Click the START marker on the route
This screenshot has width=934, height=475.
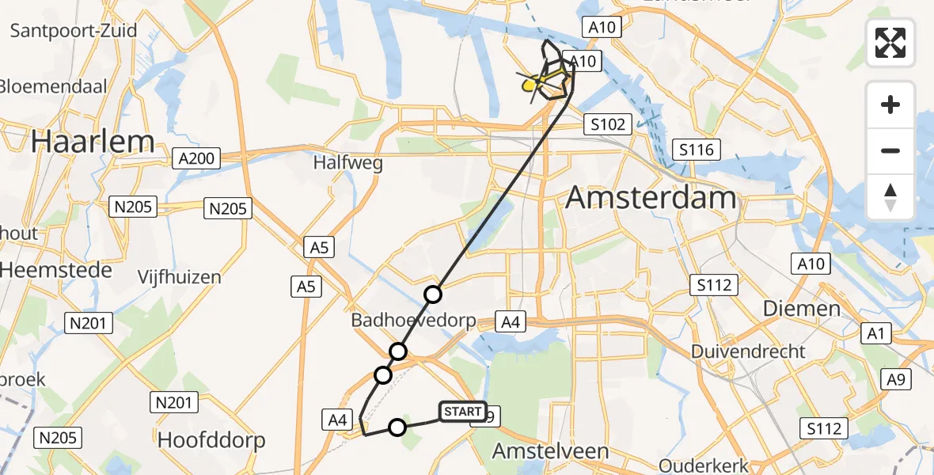tap(463, 412)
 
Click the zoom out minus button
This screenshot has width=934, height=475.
tap(890, 150)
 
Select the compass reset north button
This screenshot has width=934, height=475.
tap(890, 196)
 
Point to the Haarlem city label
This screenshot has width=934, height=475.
tap(93, 142)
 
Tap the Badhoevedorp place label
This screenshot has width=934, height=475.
tap(414, 321)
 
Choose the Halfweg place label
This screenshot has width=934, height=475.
tap(347, 164)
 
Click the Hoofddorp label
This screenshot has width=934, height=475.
tap(211, 439)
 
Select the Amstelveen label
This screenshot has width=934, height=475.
tap(551, 451)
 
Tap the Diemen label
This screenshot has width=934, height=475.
tap(802, 309)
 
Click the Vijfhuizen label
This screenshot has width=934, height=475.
tap(179, 277)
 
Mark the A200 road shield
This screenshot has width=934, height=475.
tap(195, 159)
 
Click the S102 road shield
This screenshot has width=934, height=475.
tap(608, 124)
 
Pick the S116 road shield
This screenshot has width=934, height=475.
tap(697, 150)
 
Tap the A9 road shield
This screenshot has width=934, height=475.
tap(895, 380)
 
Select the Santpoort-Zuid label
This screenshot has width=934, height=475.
tap(74, 31)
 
